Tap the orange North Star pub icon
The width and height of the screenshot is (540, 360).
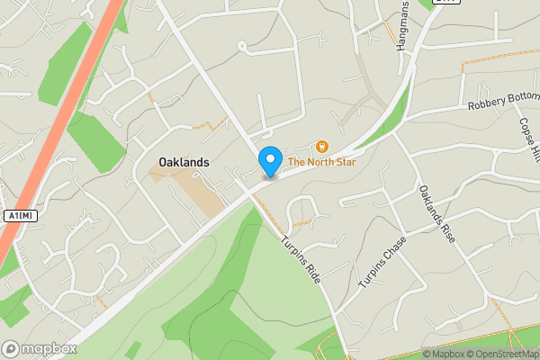321,146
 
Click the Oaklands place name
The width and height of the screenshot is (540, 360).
184,163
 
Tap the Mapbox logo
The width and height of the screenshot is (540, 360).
38,348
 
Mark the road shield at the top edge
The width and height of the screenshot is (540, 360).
445,2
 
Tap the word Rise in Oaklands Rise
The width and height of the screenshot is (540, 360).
447,236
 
